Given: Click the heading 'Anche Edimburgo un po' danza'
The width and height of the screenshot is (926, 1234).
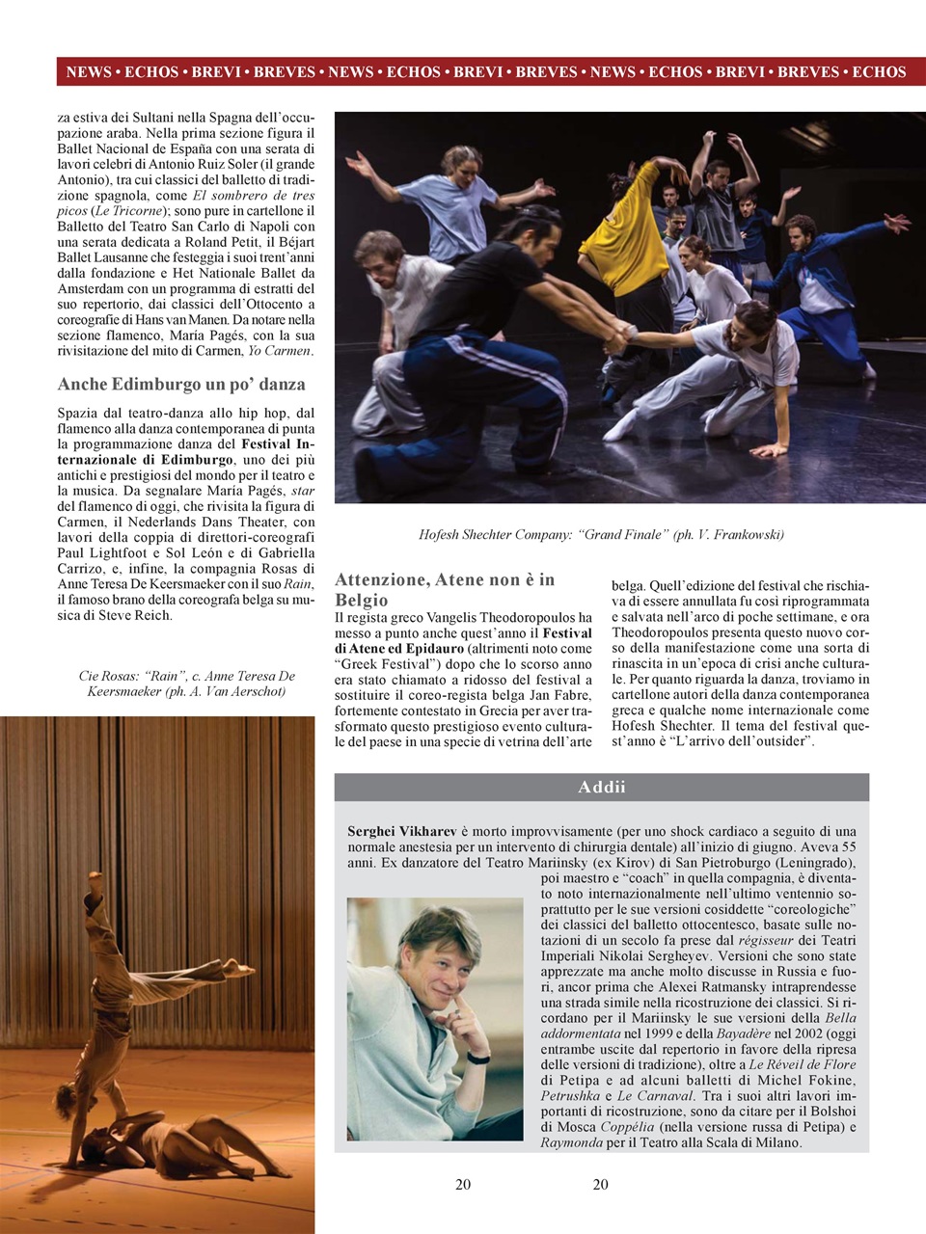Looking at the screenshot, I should (x=181, y=384).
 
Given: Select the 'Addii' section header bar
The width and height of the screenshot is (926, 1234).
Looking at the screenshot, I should (x=601, y=787).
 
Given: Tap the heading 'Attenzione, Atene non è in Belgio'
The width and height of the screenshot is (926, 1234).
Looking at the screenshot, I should (x=445, y=589).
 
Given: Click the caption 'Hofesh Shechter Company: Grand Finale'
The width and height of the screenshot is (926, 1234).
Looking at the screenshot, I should (x=600, y=534).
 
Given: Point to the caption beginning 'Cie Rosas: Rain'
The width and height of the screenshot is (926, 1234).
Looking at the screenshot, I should (x=186, y=684).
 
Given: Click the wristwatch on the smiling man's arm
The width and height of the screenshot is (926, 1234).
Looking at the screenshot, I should (x=477, y=1058).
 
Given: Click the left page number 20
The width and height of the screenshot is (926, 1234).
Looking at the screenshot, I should (x=463, y=1184).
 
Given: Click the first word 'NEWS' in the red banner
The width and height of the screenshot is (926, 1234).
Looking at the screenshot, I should (x=88, y=72).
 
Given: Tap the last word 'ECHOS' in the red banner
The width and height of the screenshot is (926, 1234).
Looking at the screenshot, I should (x=879, y=72).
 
